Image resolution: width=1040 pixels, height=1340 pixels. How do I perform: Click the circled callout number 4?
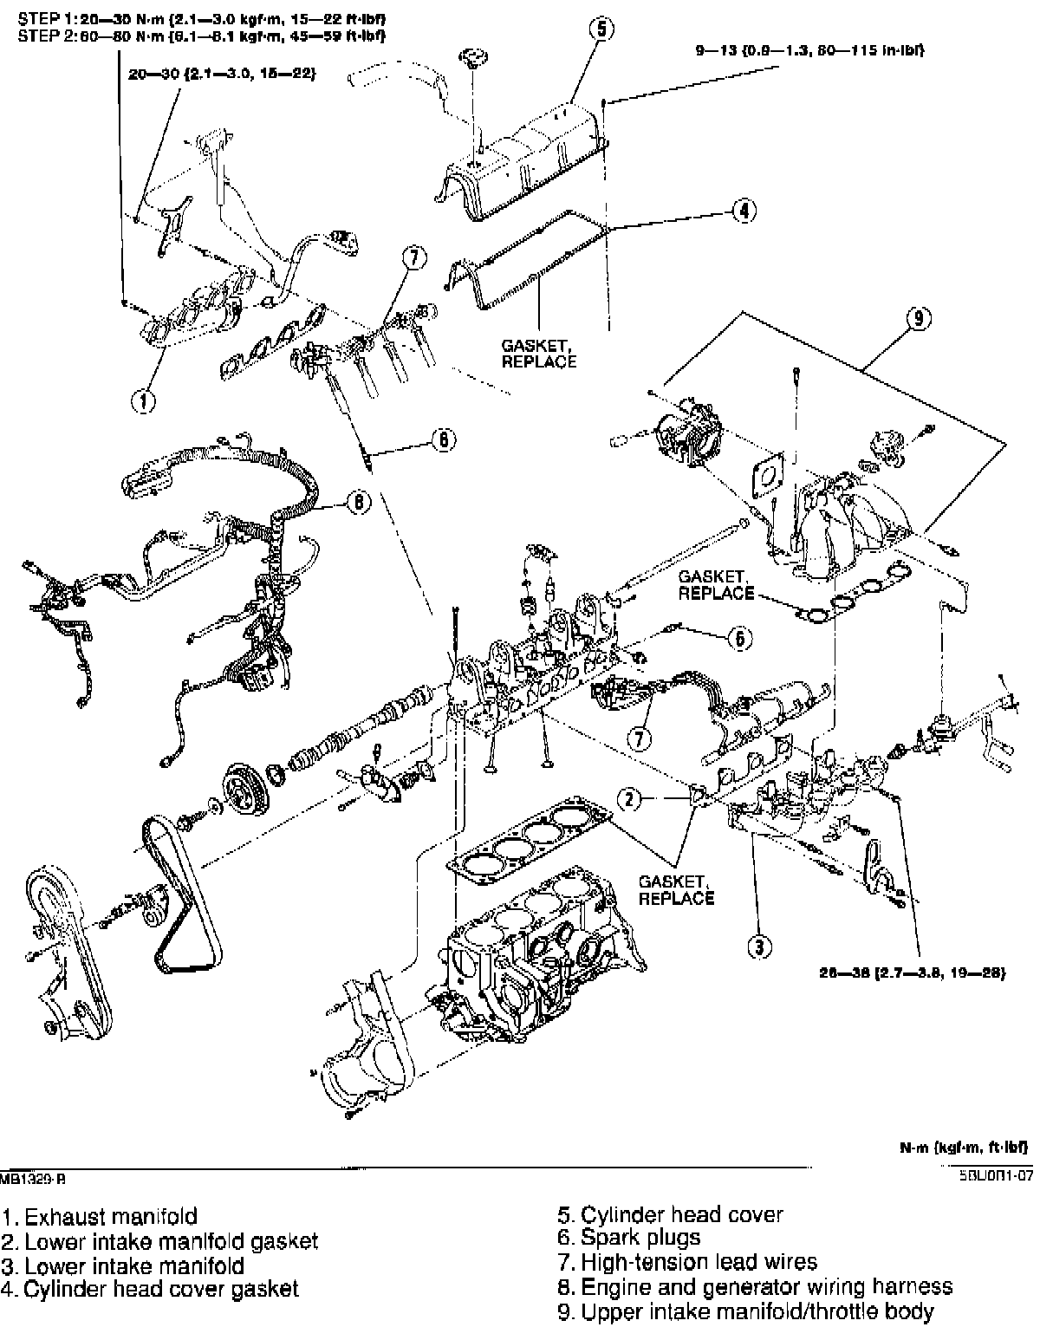click(744, 211)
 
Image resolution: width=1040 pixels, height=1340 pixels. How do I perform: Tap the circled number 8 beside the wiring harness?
click(357, 503)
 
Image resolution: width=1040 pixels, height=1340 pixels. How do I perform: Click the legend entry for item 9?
click(745, 1311)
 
